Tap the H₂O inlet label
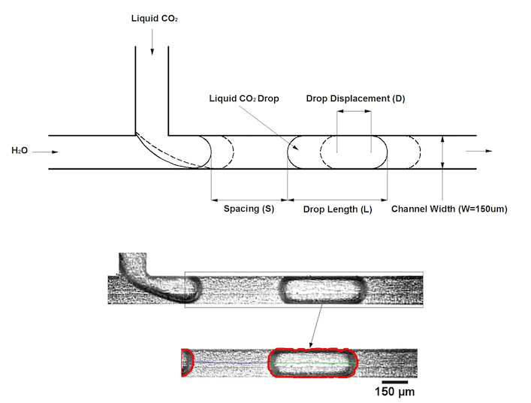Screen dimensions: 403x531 [20, 151]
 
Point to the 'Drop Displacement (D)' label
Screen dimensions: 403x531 [355, 98]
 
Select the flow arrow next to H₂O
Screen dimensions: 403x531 [44, 152]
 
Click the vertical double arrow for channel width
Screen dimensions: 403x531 [443, 152]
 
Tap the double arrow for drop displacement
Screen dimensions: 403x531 [354, 113]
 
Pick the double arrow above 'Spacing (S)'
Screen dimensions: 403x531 [249, 200]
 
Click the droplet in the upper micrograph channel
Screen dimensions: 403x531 [321, 289]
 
